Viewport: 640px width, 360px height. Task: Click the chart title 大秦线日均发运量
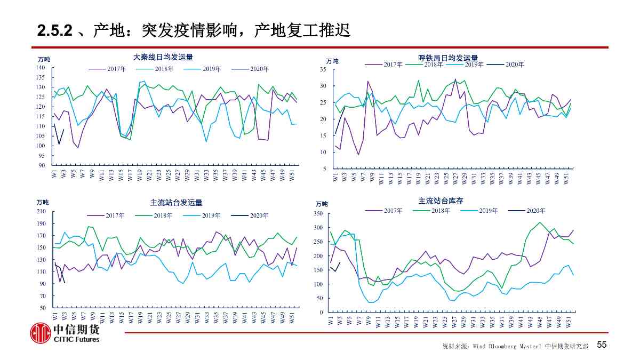[x=163, y=57]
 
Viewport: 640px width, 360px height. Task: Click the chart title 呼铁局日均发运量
[x=448, y=58]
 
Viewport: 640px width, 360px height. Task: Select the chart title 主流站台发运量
[x=176, y=203]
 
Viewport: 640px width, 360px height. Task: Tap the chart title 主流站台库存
[x=441, y=201]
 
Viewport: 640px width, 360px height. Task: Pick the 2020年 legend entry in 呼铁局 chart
[x=515, y=65]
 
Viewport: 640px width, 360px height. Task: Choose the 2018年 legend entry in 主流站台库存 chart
[x=441, y=211]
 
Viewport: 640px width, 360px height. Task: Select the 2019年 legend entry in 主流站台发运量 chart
[x=211, y=215]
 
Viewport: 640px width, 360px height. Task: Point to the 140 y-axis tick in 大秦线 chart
[x=41, y=68]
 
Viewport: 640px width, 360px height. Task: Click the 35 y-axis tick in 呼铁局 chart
[x=323, y=69]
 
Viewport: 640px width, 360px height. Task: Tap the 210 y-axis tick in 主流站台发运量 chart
[x=41, y=212]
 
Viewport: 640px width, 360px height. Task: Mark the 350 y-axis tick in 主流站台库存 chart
[x=318, y=214]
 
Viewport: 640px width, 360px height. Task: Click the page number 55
[x=602, y=345]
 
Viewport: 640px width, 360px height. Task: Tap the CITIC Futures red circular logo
[x=39, y=333]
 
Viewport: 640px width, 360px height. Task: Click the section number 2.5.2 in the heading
[x=54, y=31]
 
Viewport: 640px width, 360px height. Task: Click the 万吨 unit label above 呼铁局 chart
[x=332, y=61]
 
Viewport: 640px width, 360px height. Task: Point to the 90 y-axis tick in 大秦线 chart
[x=43, y=165]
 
